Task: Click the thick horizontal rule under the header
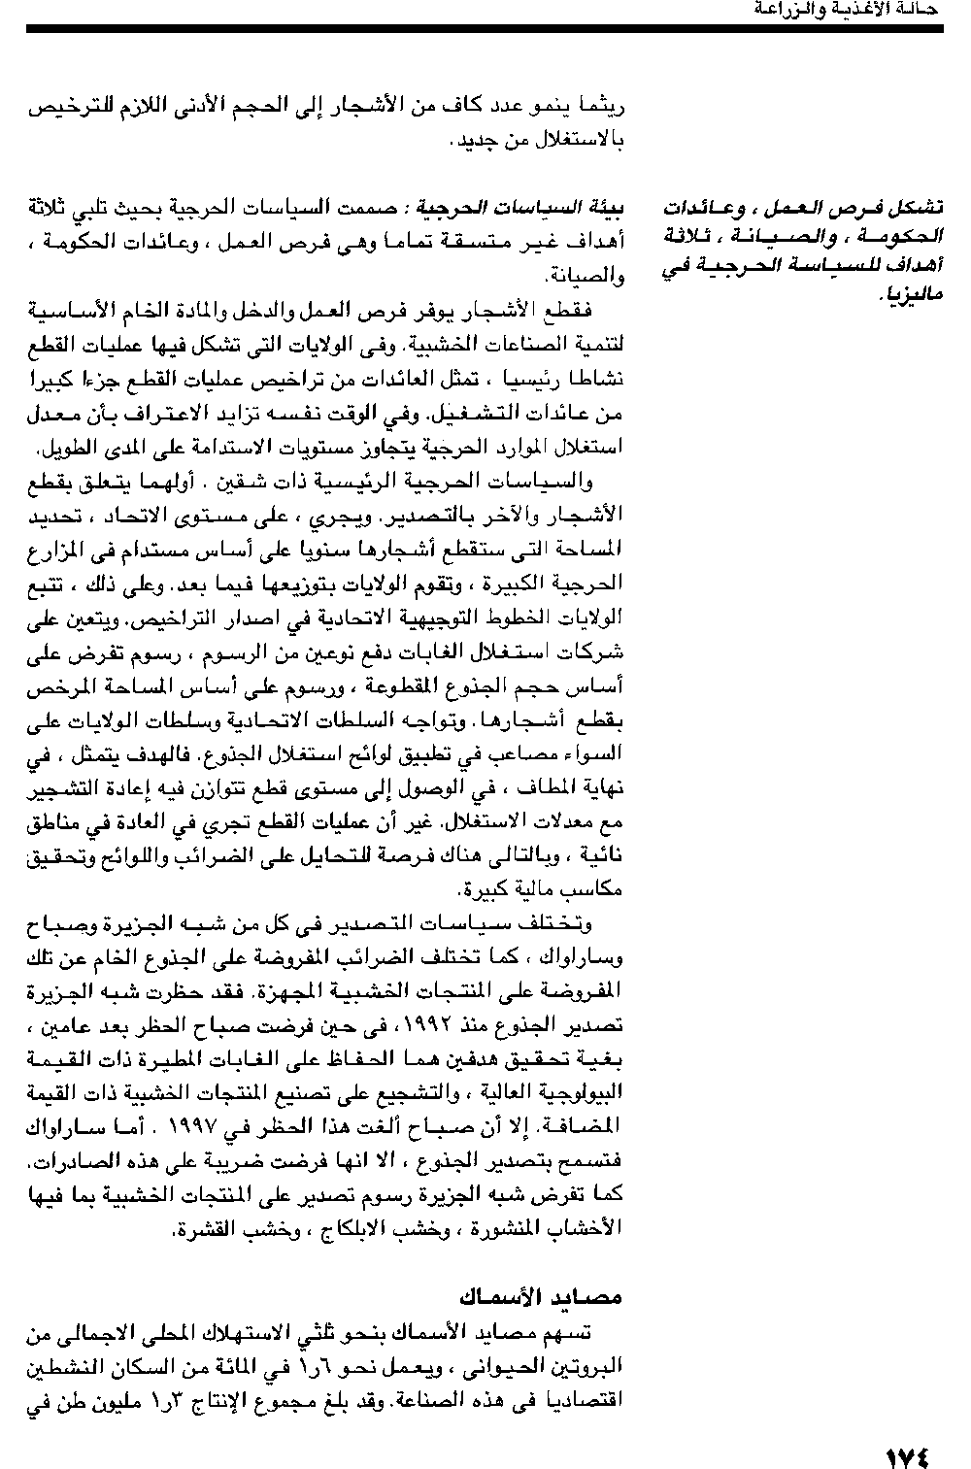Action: [485, 30]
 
